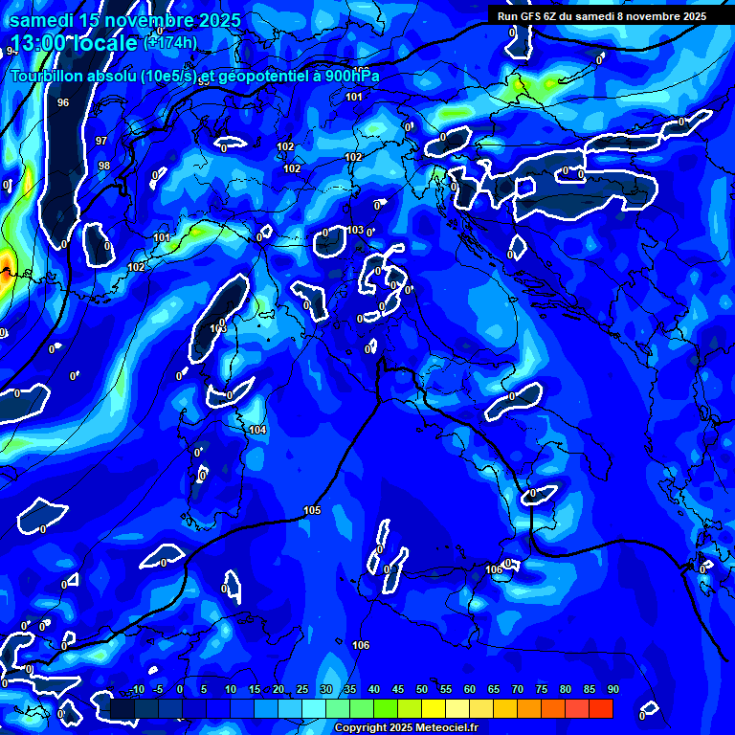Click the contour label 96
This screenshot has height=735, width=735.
pyautogui.click(x=63, y=102)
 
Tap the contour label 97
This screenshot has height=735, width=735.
pyautogui.click(x=101, y=141)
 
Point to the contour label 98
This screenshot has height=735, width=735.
pyautogui.click(x=104, y=166)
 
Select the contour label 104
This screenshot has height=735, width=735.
pyautogui.click(x=257, y=431)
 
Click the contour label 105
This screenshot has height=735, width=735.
pyautogui.click(x=312, y=511)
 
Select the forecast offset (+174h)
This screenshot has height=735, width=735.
pyautogui.click(x=170, y=42)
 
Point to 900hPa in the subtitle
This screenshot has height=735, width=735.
pyautogui.click(x=351, y=76)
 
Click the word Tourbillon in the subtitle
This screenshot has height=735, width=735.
pyautogui.click(x=45, y=76)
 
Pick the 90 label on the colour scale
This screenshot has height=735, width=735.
pyautogui.click(x=612, y=690)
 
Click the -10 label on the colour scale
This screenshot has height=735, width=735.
pyautogui.click(x=135, y=690)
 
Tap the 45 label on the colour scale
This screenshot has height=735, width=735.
pyautogui.click(x=397, y=690)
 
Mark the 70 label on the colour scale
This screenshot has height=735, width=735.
pyautogui.click(x=517, y=690)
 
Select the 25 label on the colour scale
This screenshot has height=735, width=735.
pyautogui.click(x=301, y=690)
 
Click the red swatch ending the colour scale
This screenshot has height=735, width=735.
pyautogui.click(x=600, y=708)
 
